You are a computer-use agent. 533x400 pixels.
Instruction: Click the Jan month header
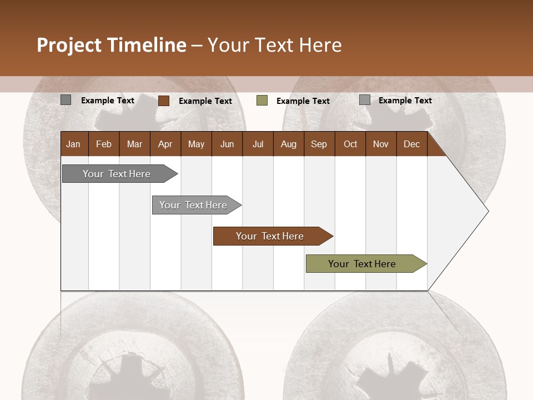74,144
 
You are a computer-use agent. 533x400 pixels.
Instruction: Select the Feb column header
104,144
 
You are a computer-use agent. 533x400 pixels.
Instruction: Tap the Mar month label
134,144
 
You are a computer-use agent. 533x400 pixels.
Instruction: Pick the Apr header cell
165,144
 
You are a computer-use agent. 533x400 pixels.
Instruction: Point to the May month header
196,144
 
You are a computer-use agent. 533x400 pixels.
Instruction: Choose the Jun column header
227,144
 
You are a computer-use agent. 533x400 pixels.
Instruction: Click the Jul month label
258,144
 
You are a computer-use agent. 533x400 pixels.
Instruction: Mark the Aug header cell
289,144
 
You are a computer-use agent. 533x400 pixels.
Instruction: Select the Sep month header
319,144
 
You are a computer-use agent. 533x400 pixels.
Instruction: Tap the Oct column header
350,144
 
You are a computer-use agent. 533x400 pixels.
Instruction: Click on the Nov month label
381,144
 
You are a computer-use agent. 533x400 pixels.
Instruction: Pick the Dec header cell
412,144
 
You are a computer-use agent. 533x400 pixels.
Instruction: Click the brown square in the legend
164,101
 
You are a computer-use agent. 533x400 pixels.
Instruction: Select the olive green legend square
262,101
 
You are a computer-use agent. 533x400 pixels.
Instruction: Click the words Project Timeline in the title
112,45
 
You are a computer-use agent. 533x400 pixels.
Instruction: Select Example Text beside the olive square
303,101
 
